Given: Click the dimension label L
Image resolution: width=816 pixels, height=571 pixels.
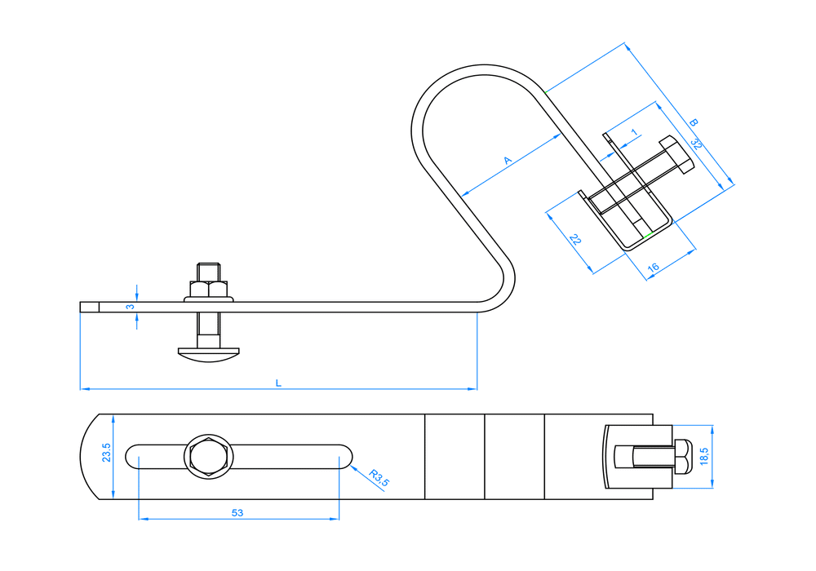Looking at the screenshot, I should [x=278, y=382].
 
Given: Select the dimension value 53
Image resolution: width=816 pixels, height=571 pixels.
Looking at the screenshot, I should [x=237, y=513].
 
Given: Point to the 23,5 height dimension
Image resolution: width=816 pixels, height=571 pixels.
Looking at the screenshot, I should [x=106, y=454].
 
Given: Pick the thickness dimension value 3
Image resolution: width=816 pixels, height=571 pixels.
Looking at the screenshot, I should [x=129, y=307].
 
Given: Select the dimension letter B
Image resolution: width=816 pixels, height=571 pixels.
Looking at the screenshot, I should [x=693, y=122].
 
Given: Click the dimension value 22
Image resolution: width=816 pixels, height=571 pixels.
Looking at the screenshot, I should [x=575, y=240].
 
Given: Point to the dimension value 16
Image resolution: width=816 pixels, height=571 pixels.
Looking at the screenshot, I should [x=653, y=268].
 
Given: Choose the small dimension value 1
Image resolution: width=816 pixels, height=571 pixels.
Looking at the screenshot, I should [x=633, y=132].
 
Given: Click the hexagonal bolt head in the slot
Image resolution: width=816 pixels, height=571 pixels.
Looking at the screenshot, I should [x=207, y=457].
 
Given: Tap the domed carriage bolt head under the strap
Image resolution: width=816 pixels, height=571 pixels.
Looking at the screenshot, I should [x=209, y=352].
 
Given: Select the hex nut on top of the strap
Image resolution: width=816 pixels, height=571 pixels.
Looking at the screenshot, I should [x=209, y=289].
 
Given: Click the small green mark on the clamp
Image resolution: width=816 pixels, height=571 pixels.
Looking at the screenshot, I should [x=647, y=236].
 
